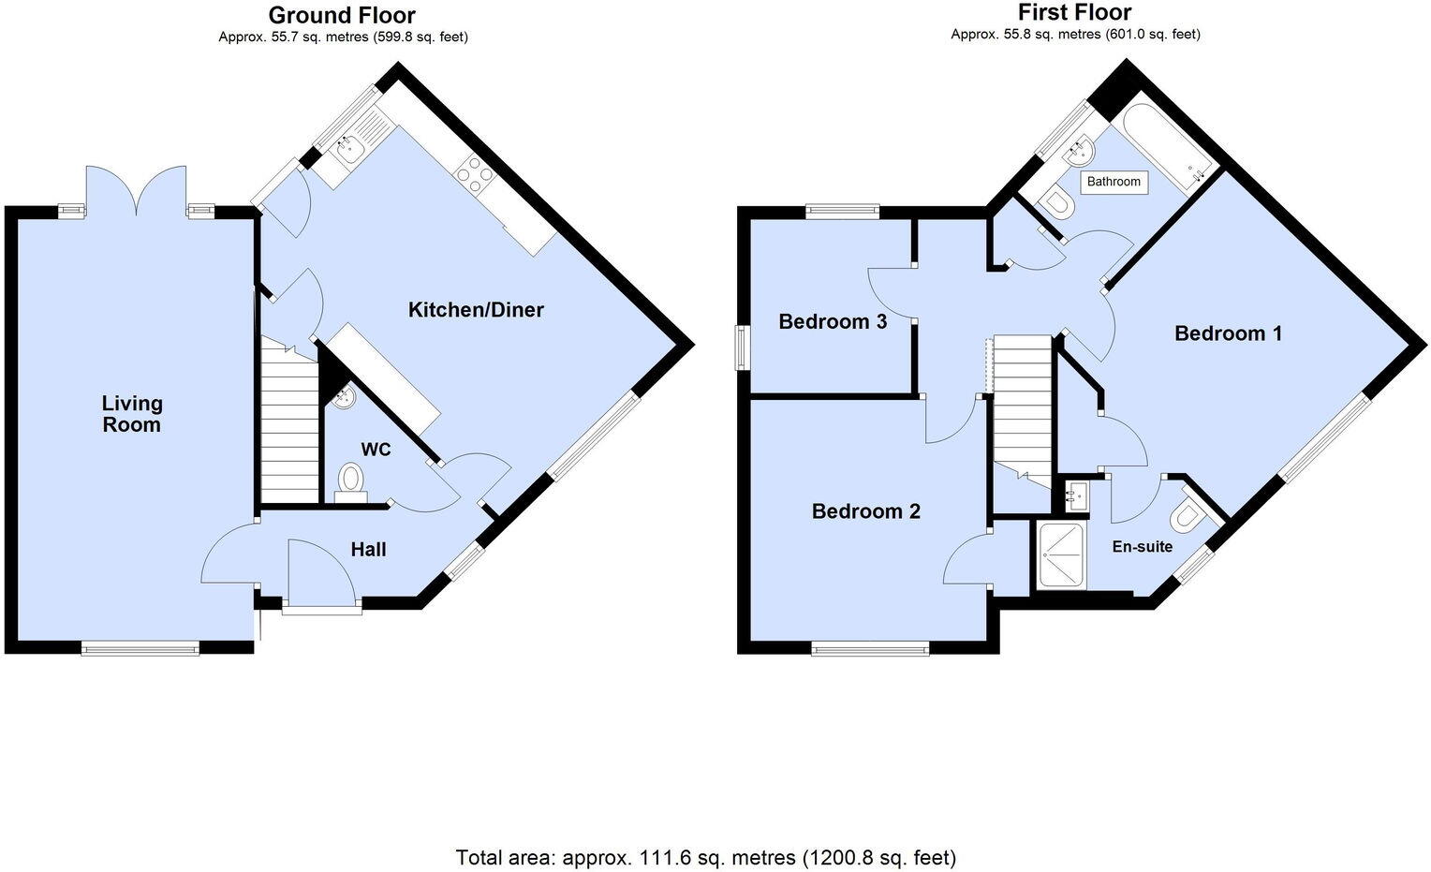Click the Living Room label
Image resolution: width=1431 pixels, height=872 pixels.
point(132,414)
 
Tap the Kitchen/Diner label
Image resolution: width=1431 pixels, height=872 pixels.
point(476,310)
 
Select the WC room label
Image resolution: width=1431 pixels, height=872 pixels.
point(376,451)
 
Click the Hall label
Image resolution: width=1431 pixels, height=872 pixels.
point(368,550)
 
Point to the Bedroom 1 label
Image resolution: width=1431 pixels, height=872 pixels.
point(1228,333)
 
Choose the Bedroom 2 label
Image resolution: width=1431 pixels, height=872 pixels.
point(865,511)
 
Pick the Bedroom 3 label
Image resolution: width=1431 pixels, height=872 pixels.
point(833,322)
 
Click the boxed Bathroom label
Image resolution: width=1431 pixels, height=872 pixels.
point(1114,182)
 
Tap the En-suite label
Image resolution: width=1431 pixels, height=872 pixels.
point(1142,547)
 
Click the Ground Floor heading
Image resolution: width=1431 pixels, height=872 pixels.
point(342,15)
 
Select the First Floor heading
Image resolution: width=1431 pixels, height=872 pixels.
point(1075,12)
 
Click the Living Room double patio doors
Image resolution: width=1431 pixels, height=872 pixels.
point(137,192)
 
